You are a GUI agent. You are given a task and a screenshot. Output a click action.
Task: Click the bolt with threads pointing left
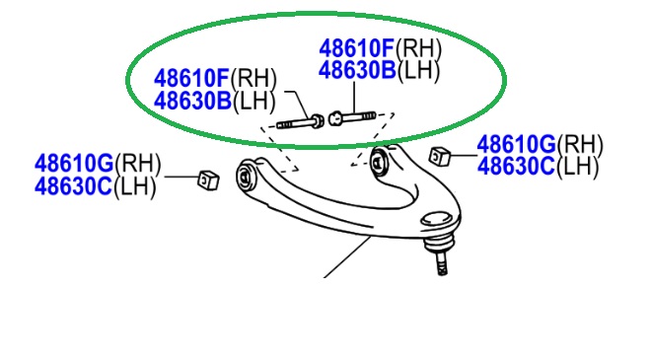300,122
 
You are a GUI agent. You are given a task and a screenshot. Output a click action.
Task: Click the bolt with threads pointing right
352,117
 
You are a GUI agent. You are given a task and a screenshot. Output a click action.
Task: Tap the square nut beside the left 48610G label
208,180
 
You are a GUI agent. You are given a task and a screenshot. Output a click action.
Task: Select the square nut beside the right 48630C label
440,157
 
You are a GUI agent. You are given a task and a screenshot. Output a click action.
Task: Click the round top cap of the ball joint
436,218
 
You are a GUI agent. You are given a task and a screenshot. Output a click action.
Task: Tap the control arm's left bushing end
247,177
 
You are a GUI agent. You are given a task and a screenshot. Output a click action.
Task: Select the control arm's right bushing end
380,162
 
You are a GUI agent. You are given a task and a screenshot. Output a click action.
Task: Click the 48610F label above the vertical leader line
357,48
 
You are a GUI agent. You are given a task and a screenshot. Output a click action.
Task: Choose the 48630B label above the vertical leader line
357,70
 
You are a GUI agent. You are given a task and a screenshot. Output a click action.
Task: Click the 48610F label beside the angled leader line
191,78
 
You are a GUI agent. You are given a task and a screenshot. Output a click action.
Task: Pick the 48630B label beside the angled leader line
192,101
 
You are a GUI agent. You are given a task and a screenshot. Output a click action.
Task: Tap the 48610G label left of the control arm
74,163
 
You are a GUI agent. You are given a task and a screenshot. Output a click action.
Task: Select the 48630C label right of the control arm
516,167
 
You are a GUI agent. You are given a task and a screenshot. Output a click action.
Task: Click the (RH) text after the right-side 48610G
580,145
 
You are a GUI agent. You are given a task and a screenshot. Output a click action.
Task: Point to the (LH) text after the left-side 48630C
135,186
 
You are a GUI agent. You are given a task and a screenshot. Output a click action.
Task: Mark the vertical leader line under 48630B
354,98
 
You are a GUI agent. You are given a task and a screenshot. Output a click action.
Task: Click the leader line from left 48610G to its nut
182,177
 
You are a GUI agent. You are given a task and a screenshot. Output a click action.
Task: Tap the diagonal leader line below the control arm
347,256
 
